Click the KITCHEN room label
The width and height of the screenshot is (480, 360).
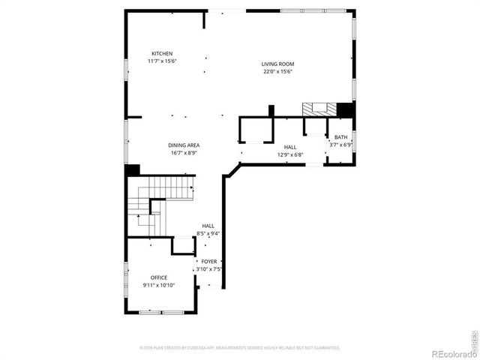point(162,53)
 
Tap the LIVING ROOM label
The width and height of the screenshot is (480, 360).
point(277,64)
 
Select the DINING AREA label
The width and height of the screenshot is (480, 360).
point(183,145)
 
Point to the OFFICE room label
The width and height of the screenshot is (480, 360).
point(158,277)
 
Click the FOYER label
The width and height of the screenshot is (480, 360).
point(209,261)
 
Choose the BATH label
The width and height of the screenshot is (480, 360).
point(341,137)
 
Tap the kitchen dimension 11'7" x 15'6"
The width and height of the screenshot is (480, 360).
point(162,61)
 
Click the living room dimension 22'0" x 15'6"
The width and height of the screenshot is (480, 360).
point(277,72)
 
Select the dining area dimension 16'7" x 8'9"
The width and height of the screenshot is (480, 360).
point(183,153)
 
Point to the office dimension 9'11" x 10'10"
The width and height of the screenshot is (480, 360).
point(158,285)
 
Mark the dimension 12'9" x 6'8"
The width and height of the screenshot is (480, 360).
point(289,155)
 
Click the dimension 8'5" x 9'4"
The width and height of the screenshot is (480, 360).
point(208,233)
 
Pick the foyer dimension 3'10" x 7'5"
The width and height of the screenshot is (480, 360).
point(209,268)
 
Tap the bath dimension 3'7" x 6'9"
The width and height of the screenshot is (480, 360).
point(341,145)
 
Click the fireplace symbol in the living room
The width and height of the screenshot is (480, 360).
point(319,109)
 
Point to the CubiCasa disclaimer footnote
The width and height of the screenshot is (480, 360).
point(240,348)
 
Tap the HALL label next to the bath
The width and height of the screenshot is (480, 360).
point(289,148)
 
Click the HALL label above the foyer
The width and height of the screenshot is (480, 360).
point(208,226)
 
